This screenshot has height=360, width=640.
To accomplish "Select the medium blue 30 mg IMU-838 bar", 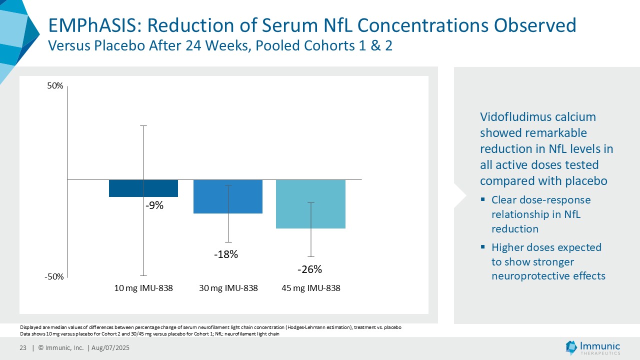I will click(x=210, y=196).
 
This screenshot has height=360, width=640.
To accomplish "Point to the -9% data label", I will click(x=154, y=205).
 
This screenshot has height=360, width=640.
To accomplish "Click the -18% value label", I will click(x=226, y=254).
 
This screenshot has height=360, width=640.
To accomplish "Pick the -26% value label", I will click(x=309, y=269).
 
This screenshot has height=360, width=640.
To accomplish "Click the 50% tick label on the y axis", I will click(x=55, y=86).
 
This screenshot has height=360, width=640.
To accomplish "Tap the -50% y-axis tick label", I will click(x=54, y=277).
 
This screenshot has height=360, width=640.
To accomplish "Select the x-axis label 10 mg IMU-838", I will click(x=143, y=288).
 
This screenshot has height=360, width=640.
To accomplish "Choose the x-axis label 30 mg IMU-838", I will click(x=228, y=288).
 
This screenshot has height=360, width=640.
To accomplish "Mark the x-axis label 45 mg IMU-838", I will click(x=311, y=288).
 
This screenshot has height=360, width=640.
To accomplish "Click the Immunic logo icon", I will click(x=571, y=346).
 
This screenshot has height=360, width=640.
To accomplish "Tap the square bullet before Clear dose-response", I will click(x=483, y=199).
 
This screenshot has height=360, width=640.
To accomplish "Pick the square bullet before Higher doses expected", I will click(x=483, y=247).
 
